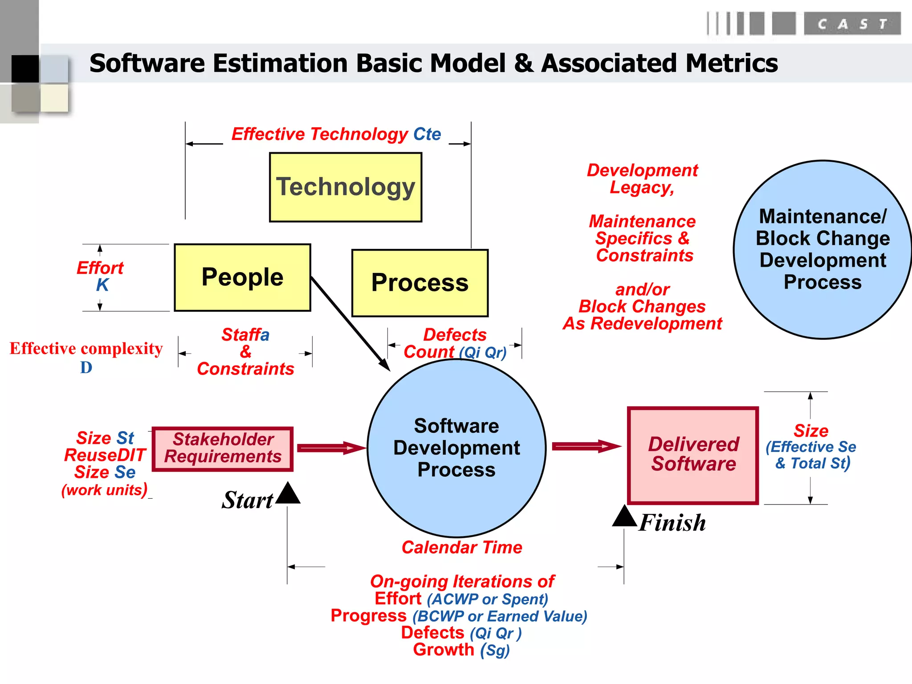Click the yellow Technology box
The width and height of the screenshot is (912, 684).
tap(346, 187)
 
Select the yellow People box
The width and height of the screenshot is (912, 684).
tap(242, 277)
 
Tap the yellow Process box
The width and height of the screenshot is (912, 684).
tap(420, 283)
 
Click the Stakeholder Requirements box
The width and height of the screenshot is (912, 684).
tap(223, 448)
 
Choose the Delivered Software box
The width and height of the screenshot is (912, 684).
tap(693, 455)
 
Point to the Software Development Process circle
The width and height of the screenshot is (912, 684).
tap(456, 448)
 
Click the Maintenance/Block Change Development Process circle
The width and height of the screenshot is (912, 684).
tap(822, 249)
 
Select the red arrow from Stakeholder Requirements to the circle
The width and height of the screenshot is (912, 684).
tap(330, 448)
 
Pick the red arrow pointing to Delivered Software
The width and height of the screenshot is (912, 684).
tap(586, 446)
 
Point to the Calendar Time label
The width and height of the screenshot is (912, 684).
tap(462, 547)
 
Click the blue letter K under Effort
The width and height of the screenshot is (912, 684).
tap(102, 285)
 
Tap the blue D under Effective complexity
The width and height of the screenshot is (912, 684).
tap(86, 368)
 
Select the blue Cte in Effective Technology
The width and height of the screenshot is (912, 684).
tap(427, 134)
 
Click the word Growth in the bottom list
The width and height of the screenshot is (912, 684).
tap(444, 650)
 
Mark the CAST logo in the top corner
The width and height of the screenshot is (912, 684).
tap(851, 24)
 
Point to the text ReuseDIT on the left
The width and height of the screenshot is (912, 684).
tap(105, 455)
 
